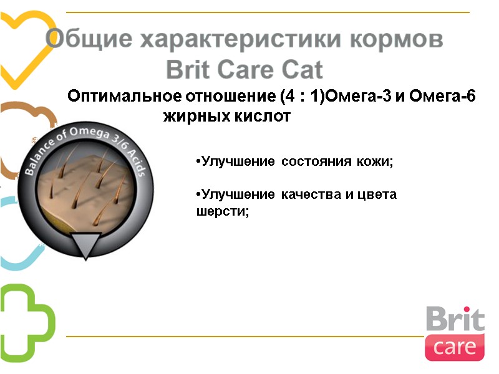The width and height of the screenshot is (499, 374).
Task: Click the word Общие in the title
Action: (x=88, y=40)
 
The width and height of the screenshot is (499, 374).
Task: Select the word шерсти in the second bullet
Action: (x=221, y=212)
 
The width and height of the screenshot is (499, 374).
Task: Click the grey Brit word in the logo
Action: (x=455, y=319)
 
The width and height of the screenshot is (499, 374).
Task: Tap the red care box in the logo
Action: (x=455, y=347)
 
